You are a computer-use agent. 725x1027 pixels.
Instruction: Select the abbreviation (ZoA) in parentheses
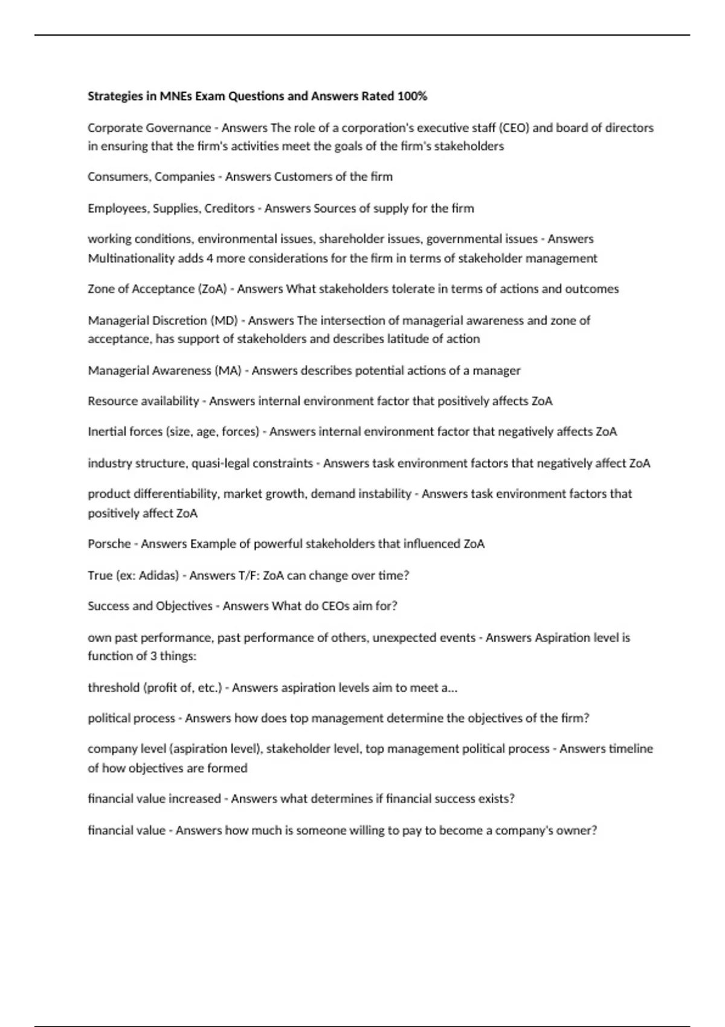[212, 289]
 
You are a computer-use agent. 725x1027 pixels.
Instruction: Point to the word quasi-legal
[219, 463]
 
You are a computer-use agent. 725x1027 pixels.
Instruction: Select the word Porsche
[109, 544]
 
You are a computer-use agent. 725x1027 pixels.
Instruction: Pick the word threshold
[114, 687]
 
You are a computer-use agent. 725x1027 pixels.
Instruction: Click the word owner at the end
[576, 830]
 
